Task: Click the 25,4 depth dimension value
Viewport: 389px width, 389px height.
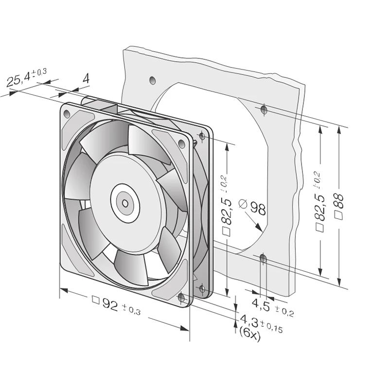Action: click(18, 78)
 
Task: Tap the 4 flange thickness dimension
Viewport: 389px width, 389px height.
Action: click(86, 78)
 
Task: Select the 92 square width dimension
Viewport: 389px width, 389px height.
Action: click(109, 304)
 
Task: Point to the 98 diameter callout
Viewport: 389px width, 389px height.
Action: click(258, 209)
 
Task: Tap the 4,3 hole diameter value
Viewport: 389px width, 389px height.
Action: click(249, 321)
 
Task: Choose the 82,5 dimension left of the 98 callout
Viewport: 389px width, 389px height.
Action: click(226, 211)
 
